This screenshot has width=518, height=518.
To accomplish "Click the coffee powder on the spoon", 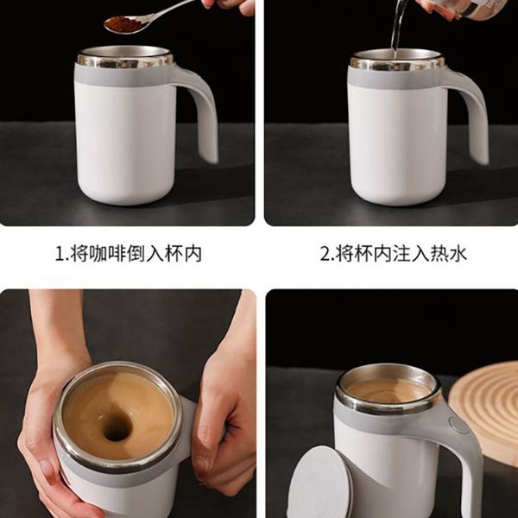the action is tap(123, 24).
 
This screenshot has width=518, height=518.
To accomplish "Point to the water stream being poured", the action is tap(396, 27).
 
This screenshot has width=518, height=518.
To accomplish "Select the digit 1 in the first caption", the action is tap(60, 255).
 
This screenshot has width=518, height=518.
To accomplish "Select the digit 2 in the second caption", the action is tap(325, 255).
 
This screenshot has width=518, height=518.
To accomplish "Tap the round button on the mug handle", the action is tap(458, 425).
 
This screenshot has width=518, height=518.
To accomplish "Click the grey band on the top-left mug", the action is tap(123, 75).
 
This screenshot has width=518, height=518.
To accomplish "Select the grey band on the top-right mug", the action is tap(396, 78).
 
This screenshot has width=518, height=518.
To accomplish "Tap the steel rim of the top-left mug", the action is tap(125, 59).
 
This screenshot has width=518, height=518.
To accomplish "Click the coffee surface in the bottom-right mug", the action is tap(388, 391).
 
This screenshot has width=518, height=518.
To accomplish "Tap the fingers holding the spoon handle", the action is tap(228, 6).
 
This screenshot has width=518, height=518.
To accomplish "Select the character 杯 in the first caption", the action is tap(174, 254).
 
